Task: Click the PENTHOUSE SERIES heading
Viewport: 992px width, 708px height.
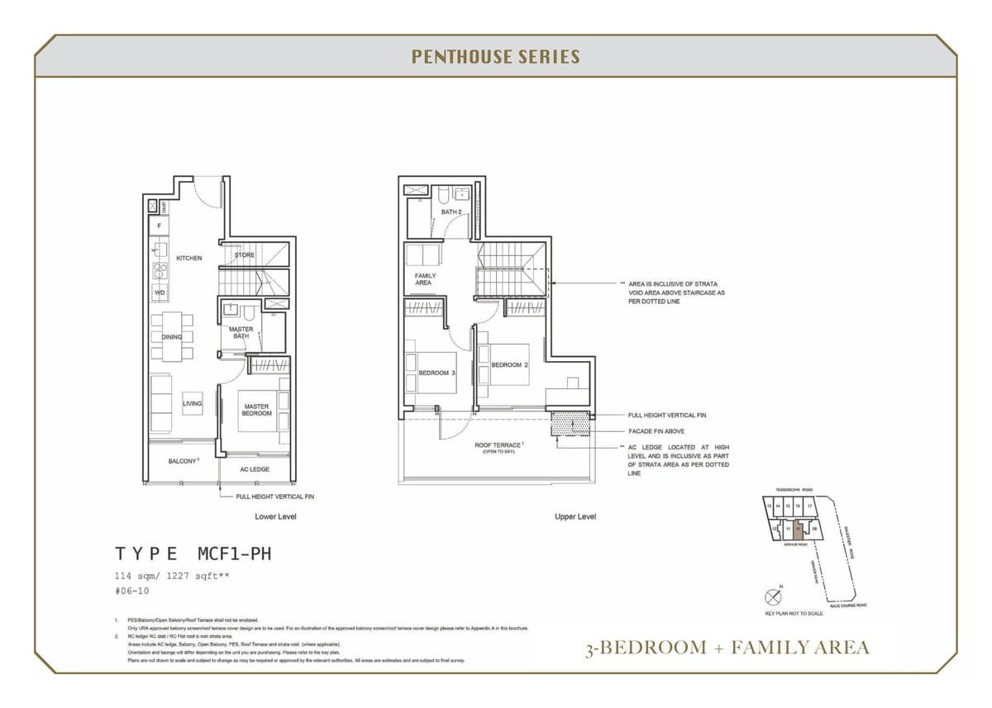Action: pos(495,57)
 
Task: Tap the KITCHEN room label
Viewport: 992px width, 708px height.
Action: pos(188,259)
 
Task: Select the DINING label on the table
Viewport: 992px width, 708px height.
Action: pos(171,337)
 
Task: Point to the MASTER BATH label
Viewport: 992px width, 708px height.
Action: pos(241,333)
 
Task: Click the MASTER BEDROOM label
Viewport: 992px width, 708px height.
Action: pos(256,410)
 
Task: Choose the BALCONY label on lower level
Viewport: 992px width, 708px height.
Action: pos(183,461)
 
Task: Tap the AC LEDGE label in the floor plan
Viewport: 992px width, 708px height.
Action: pos(255,469)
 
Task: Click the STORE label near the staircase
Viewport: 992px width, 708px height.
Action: pos(245,255)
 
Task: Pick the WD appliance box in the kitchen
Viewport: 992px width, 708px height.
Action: pos(160,292)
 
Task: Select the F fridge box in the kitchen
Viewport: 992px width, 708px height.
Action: pos(158,226)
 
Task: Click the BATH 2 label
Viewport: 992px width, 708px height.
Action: pos(451,212)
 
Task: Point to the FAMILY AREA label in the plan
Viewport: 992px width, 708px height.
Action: pos(423,279)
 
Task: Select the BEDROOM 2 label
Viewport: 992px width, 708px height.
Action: pos(509,364)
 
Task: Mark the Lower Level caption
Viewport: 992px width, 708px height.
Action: pos(275,516)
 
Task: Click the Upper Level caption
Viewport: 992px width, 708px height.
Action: pos(575,516)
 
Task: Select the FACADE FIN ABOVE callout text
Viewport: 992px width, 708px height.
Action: pos(656,431)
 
